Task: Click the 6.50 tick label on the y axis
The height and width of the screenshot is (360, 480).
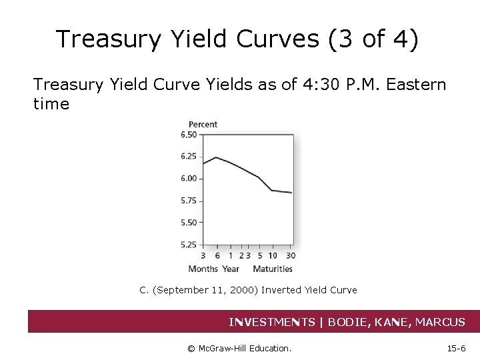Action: (x=189, y=135)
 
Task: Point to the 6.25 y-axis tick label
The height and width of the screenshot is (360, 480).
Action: (x=189, y=157)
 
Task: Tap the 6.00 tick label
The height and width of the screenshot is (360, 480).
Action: (x=189, y=179)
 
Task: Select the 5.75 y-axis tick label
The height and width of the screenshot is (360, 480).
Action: (x=189, y=201)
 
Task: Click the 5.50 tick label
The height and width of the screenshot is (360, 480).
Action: (x=189, y=223)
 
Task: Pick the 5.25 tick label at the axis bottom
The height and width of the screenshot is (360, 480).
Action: (x=189, y=245)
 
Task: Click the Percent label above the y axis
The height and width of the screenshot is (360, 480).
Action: (x=203, y=124)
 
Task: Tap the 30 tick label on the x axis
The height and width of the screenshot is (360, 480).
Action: (x=291, y=255)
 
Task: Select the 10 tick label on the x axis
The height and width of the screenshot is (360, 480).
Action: (x=273, y=255)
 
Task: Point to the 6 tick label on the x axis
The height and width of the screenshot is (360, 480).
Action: (x=217, y=255)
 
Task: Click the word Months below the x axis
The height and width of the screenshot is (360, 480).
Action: (x=203, y=269)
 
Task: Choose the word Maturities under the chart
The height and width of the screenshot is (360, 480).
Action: (x=272, y=269)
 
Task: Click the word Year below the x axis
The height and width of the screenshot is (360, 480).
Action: (x=230, y=269)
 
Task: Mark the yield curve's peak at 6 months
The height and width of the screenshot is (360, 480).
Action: (x=217, y=157)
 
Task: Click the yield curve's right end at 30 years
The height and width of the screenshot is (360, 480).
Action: (x=291, y=193)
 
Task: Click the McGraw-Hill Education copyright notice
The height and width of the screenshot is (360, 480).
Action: (x=239, y=348)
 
